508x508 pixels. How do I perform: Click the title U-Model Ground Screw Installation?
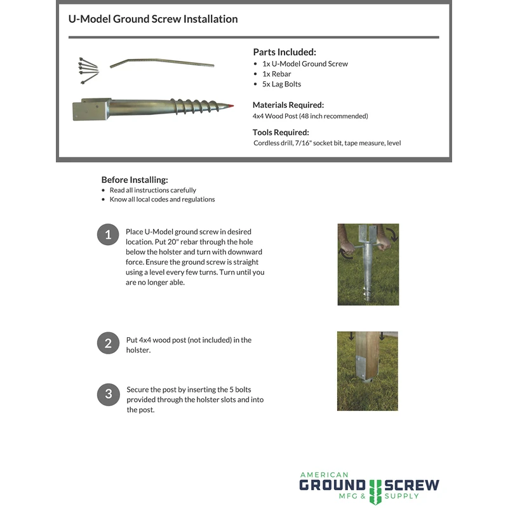pos(153,19)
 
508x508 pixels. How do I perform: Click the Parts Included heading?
pos(284,52)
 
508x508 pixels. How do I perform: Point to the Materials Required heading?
pos(288,105)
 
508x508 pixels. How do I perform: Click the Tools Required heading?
pos(281,133)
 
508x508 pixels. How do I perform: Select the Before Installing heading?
pos(135,180)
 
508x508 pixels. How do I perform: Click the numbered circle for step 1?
pos(108,234)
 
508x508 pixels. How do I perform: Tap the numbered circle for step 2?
pos(108,344)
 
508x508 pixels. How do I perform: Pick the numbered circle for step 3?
pos(108,394)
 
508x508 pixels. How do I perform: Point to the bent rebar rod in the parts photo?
pos(161,63)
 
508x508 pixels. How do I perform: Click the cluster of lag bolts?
pos(89,70)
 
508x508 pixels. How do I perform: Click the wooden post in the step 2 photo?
pos(368,359)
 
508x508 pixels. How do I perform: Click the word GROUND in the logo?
pos(332,486)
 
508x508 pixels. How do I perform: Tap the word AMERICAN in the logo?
pos(324,474)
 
